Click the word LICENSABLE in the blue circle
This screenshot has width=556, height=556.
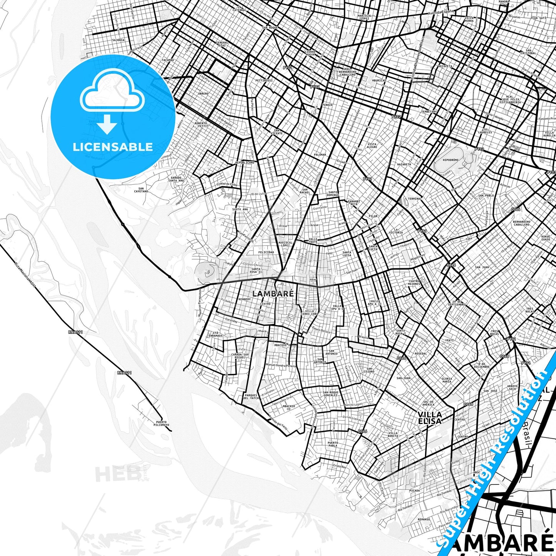coord(113,147)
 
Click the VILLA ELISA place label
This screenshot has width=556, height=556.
coord(429,417)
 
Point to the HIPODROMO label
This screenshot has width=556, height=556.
coord(451,159)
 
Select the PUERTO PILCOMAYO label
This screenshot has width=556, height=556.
coord(161,423)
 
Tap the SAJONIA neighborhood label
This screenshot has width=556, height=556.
coord(118,40)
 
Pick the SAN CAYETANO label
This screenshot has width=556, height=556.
coord(141,190)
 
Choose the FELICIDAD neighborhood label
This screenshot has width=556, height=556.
coord(266,252)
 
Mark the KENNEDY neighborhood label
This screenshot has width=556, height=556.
coord(244,299)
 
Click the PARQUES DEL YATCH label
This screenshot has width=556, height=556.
coord(251,397)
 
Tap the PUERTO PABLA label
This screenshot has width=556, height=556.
coord(333,444)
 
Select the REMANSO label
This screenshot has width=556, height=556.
coord(424,519)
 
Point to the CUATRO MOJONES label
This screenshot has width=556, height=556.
coord(414,282)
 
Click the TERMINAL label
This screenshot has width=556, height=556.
coord(415,199)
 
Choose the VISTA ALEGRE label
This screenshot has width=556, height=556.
coord(372,145)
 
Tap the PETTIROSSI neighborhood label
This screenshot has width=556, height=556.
coord(264,80)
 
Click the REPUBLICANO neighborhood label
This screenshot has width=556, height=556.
coord(245,163)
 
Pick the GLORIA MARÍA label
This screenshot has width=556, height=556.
coord(447,380)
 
